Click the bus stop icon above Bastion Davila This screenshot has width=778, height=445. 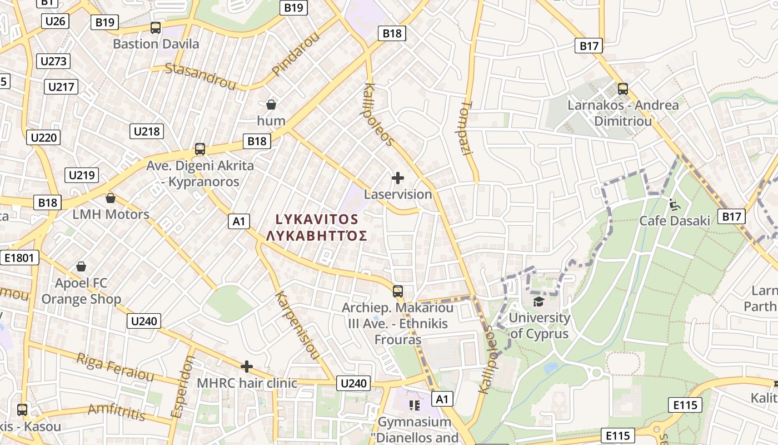pos(156,28)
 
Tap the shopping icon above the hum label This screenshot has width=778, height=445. pos(271,105)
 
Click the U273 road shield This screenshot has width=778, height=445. pos(53,61)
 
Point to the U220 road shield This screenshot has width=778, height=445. pos(43,137)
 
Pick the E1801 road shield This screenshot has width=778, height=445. pos(19,258)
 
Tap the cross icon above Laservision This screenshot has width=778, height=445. pos(398,178)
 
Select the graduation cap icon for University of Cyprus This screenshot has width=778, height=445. pos(538,301)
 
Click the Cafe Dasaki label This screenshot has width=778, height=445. pos(675,221)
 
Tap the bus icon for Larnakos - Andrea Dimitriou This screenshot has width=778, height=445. pos(623,89)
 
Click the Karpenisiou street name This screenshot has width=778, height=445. pos(297,325)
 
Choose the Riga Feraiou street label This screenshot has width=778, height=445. pos(115,367)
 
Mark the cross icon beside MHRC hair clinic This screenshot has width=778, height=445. pos(247,367)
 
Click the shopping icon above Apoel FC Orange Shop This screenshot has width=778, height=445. pos(81,267)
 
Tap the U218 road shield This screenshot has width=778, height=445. pos(147,131)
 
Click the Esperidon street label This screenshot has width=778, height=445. pos(183,387)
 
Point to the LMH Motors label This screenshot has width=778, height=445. pos(111,214)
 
